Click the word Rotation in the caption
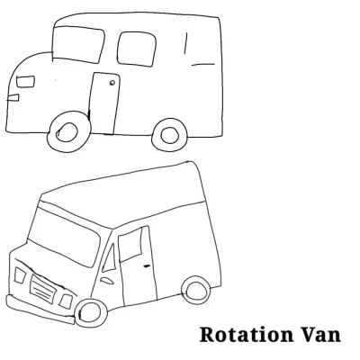pyautogui.click(x=247, y=335)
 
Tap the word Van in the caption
pyautogui.click(x=320, y=335)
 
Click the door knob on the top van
pyautogui.click(x=112, y=83)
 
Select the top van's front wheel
pyautogui.click(x=68, y=132)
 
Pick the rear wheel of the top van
pyautogui.click(x=170, y=135)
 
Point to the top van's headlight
pyautogui.click(x=25, y=82)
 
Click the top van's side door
pyautogui.click(x=104, y=103)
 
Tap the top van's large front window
pyautogui.click(x=77, y=44)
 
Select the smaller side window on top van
pyautogui.click(x=137, y=49)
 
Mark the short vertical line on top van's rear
pyautogui.click(x=186, y=43)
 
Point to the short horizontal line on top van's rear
pyautogui.click(x=203, y=64)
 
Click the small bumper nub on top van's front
pyautogui.click(x=13, y=97)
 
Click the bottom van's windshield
pyautogui.click(x=64, y=237)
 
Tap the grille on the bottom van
pyautogui.click(x=42, y=288)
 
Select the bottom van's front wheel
pyautogui.click(x=91, y=312)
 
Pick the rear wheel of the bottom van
pyautogui.click(x=196, y=290)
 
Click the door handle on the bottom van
pyautogui.click(x=147, y=265)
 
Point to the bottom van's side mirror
pyautogui.click(x=107, y=281)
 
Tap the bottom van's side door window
pyautogui.click(x=130, y=244)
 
